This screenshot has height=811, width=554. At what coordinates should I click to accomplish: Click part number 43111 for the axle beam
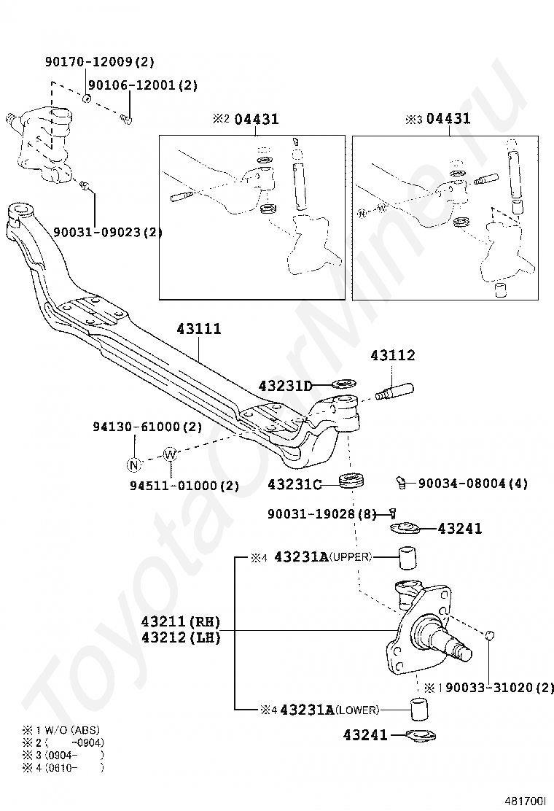pos(199,330)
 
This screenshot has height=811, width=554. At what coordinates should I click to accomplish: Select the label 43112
pos(392,356)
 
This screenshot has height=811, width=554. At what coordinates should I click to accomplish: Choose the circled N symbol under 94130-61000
pos(133,464)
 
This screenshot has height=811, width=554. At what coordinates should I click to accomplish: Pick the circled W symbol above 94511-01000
pos(170,455)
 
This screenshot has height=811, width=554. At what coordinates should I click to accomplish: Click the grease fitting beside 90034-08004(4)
pos(402,481)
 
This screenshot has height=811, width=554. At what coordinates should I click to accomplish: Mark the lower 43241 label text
pos(365,735)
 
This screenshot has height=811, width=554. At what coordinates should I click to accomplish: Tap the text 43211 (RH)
pos(180,622)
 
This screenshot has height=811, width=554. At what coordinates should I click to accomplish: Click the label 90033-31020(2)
pos(499,687)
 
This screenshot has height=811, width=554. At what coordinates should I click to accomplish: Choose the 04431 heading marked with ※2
pos(256,119)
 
